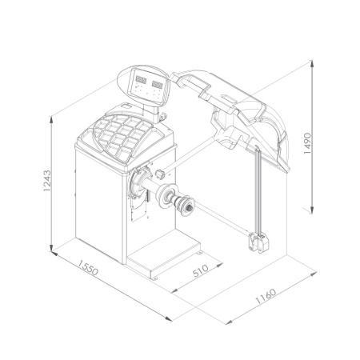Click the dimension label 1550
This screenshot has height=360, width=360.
coord(88,268)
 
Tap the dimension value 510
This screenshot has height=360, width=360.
coord(201,270)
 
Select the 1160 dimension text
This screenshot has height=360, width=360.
coord(266,296)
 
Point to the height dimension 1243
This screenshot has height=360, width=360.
coord(46,181)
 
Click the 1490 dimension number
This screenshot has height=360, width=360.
coord(307,143)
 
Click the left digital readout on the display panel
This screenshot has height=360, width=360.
coord(141,80)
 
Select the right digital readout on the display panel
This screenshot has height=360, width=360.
coord(157,85)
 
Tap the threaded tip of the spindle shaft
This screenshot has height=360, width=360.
coord(189,207)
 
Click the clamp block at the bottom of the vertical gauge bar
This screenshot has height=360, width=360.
coord(258,242)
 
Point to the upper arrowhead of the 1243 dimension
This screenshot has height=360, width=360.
coord(51,120)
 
